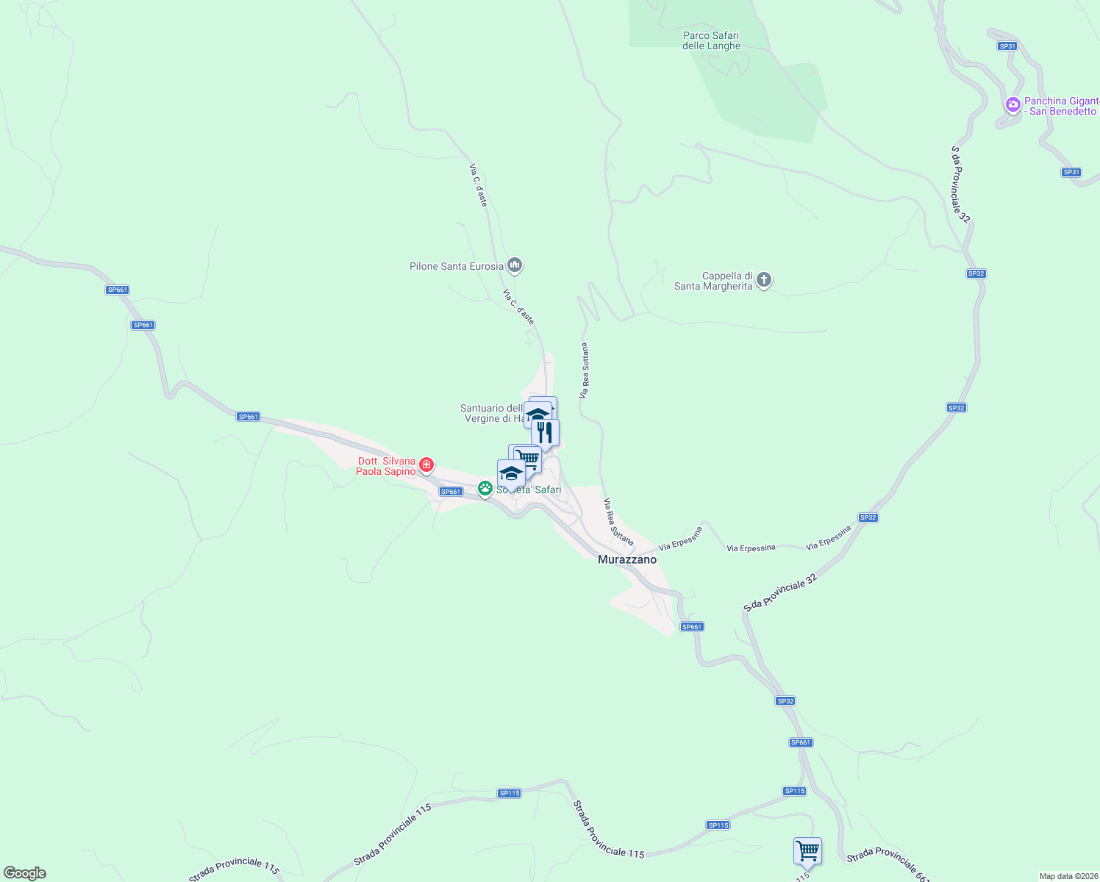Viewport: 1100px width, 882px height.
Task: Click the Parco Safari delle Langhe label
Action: click(x=711, y=40)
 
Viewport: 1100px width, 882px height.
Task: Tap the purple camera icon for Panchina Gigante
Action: click(x=1013, y=104)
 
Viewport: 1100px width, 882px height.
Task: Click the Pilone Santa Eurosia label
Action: click(x=456, y=266)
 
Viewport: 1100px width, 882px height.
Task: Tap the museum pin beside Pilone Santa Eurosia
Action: click(x=515, y=265)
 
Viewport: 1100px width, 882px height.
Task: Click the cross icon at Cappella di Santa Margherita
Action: click(x=764, y=279)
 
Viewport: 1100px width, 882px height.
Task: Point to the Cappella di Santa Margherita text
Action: click(x=713, y=281)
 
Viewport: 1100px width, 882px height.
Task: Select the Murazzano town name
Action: click(x=627, y=559)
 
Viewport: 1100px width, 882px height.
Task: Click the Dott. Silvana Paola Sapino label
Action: click(x=385, y=466)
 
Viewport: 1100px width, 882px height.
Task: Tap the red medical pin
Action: click(x=426, y=465)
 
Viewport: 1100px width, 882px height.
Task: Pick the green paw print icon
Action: click(x=485, y=487)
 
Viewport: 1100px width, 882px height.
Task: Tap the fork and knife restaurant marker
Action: click(x=545, y=432)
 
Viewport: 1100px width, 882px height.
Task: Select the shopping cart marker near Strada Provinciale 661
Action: click(x=807, y=850)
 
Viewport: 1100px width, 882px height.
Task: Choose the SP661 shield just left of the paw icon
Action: click(x=450, y=492)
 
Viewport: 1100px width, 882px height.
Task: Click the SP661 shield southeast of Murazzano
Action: click(x=692, y=627)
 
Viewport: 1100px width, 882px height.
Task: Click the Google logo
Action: click(x=24, y=873)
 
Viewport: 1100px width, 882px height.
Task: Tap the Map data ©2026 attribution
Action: click(x=1068, y=876)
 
